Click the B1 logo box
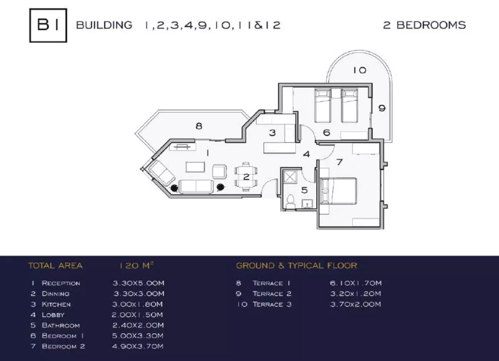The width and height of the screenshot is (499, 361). [x=48, y=25]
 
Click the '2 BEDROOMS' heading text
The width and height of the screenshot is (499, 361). [x=424, y=25]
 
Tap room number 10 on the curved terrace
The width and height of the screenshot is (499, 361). [x=360, y=70]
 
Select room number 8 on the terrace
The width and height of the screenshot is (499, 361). [x=199, y=126]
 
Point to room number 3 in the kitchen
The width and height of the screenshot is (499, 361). [x=272, y=133]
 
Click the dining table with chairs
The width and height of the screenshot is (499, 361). [x=246, y=177]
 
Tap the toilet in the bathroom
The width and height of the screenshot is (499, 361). [x=290, y=202]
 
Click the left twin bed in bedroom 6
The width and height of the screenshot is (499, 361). [x=323, y=105]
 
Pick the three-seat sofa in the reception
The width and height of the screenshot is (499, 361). [x=196, y=186]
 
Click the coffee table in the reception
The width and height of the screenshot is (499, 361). [x=195, y=167]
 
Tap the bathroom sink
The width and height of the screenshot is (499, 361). [x=307, y=204]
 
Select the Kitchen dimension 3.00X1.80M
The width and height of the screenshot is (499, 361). [x=137, y=304]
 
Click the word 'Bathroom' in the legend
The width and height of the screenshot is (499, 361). [x=61, y=325]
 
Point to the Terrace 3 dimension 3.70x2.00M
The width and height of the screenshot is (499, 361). [x=355, y=304]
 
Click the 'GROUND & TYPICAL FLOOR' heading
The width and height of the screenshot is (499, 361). [x=296, y=265]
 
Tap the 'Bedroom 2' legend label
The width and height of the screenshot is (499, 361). [x=63, y=346]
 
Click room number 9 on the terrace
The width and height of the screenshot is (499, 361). [x=382, y=108]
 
